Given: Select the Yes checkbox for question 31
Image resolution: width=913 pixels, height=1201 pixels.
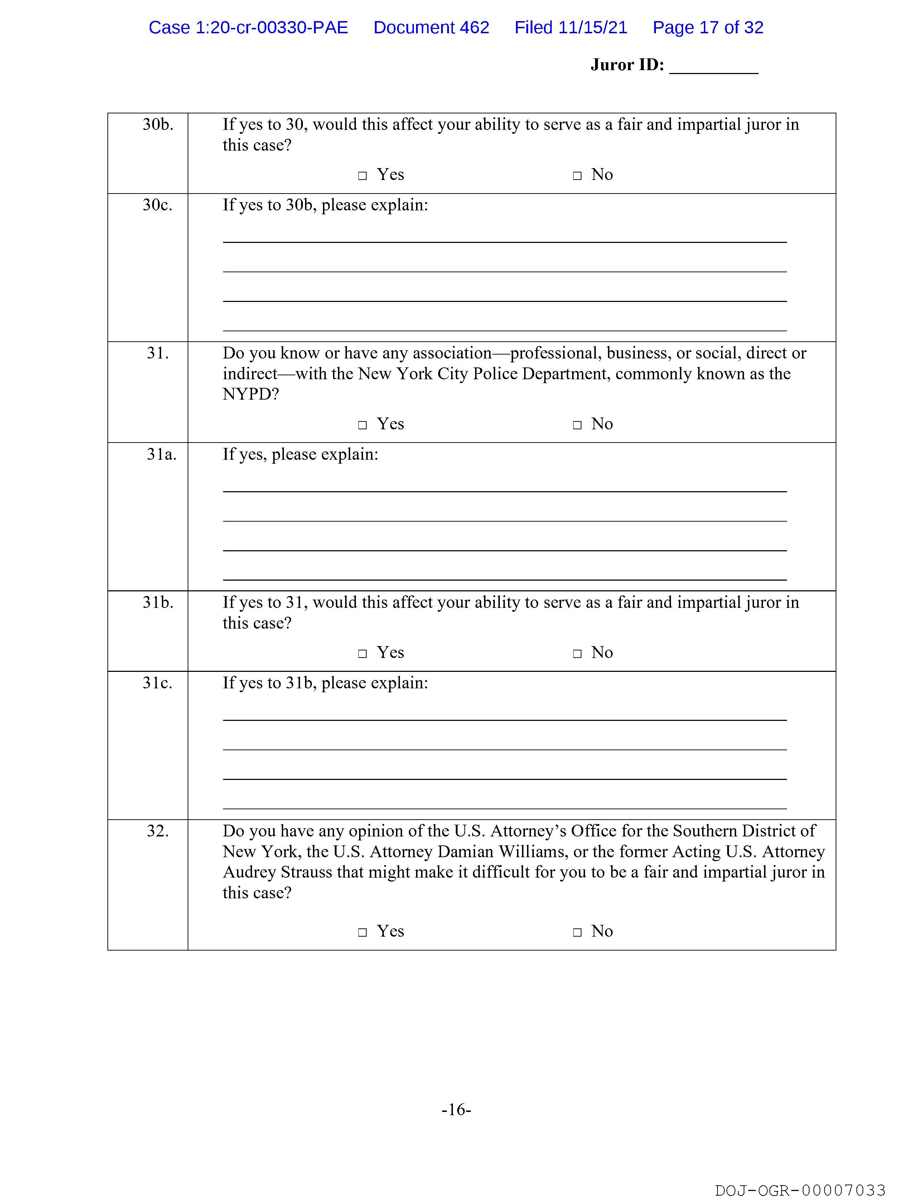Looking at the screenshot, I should click(362, 425).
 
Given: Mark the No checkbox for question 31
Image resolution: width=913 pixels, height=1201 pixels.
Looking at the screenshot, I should click(577, 425).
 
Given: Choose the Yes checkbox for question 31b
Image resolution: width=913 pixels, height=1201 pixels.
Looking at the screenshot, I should click(362, 654).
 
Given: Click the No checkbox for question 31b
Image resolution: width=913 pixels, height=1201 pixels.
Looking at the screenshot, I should click(577, 654).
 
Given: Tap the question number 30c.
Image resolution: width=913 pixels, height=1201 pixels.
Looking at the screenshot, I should click(157, 205).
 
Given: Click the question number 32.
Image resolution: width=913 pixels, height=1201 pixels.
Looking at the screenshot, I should click(158, 831).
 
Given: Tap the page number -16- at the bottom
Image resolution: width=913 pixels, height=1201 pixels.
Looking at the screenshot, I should click(456, 1109).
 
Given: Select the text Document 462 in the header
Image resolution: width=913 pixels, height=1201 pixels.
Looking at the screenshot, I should click(431, 28).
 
